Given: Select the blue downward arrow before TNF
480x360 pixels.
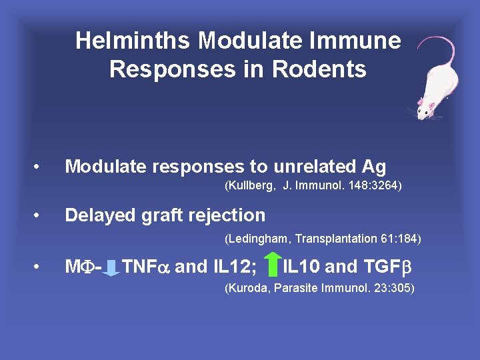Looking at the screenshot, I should tap(112, 267).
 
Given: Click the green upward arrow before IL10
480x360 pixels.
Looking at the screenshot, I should tap(271, 265).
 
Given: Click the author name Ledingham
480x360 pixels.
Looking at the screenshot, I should tap(258, 238).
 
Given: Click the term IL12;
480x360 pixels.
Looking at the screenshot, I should tap(236, 267).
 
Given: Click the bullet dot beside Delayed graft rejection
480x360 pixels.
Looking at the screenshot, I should tap(41, 215).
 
